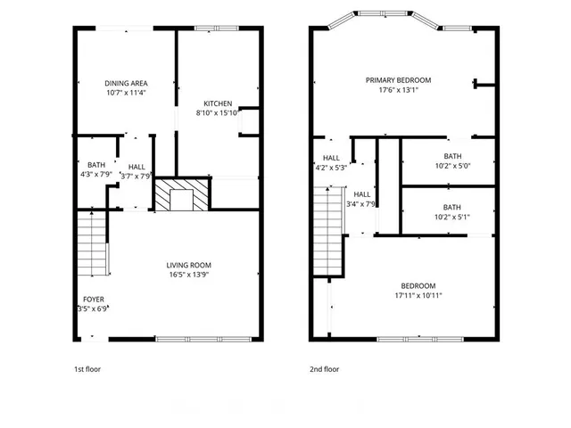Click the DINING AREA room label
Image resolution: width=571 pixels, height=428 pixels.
[126, 82]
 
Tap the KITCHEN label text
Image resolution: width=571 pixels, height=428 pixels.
[219, 103]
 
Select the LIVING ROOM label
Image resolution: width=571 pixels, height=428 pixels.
[188, 265]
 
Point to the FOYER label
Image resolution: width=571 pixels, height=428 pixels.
[94, 300]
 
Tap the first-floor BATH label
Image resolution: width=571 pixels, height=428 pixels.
[95, 165]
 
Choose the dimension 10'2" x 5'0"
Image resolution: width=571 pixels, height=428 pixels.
[452, 166]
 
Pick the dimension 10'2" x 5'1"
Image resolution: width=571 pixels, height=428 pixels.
[452, 216]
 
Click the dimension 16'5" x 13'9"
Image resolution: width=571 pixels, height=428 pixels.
[188, 275]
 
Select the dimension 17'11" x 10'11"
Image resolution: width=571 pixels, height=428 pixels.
[418, 295]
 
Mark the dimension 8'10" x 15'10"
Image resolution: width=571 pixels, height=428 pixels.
[218, 112]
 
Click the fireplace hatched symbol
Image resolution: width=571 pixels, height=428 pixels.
[182, 195]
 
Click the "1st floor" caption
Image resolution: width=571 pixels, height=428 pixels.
[87, 368]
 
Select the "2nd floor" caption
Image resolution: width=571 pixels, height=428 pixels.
[325, 368]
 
